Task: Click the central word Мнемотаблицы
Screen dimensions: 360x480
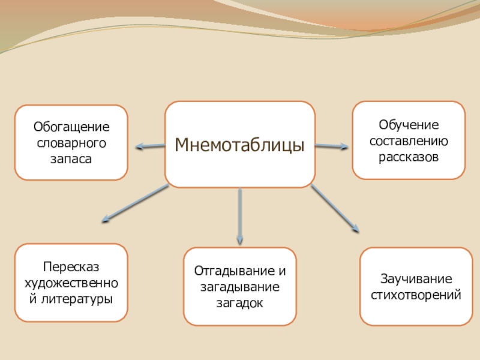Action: (x=240, y=145)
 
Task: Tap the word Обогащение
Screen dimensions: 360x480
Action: (x=71, y=127)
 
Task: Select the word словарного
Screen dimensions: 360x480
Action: (x=71, y=143)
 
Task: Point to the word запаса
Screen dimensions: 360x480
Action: (x=71, y=159)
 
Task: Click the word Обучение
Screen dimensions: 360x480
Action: (x=409, y=125)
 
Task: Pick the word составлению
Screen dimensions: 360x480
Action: (x=409, y=142)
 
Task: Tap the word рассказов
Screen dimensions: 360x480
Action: (x=409, y=157)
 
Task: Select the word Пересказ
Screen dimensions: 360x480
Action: (x=71, y=266)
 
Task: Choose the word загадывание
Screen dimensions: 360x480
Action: (x=239, y=286)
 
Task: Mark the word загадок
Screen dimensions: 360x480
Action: (x=239, y=302)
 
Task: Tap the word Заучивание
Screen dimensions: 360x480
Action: (x=416, y=279)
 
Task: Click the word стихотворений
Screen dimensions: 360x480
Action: (x=416, y=295)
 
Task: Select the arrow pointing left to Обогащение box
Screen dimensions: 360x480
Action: (x=150, y=146)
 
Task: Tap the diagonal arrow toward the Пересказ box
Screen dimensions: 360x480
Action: (x=135, y=203)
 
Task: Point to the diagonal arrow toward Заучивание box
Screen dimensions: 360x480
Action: (x=335, y=208)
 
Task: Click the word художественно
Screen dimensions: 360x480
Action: (x=71, y=282)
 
